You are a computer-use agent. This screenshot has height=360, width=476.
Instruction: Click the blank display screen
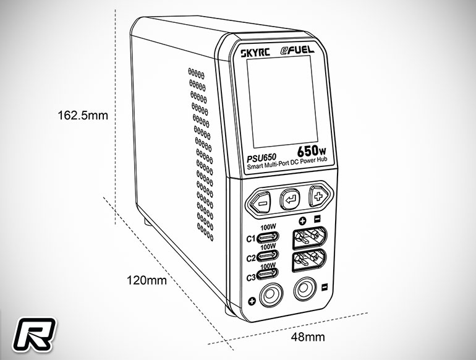[283, 102]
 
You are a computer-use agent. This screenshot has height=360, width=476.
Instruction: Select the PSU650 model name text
[261, 158]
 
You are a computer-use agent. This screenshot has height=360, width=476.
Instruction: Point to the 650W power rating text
[312, 150]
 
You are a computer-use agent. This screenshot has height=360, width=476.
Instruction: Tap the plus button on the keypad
[318, 197]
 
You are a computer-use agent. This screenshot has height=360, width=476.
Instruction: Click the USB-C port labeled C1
[268, 237]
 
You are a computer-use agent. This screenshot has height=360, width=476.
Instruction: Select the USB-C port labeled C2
[268, 256]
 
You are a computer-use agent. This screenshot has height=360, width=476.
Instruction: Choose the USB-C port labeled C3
[268, 274]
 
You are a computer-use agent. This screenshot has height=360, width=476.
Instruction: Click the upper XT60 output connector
[309, 238]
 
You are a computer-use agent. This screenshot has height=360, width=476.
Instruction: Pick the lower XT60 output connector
[309, 260]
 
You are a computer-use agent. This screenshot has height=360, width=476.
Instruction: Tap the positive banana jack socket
[271, 294]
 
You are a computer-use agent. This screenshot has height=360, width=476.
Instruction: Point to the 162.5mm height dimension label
[83, 116]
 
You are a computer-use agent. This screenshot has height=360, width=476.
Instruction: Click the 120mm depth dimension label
[147, 280]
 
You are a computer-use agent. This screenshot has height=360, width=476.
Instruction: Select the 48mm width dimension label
[308, 337]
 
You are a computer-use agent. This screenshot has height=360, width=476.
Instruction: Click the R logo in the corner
[34, 334]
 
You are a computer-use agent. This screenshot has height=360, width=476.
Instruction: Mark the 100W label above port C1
[268, 227]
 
